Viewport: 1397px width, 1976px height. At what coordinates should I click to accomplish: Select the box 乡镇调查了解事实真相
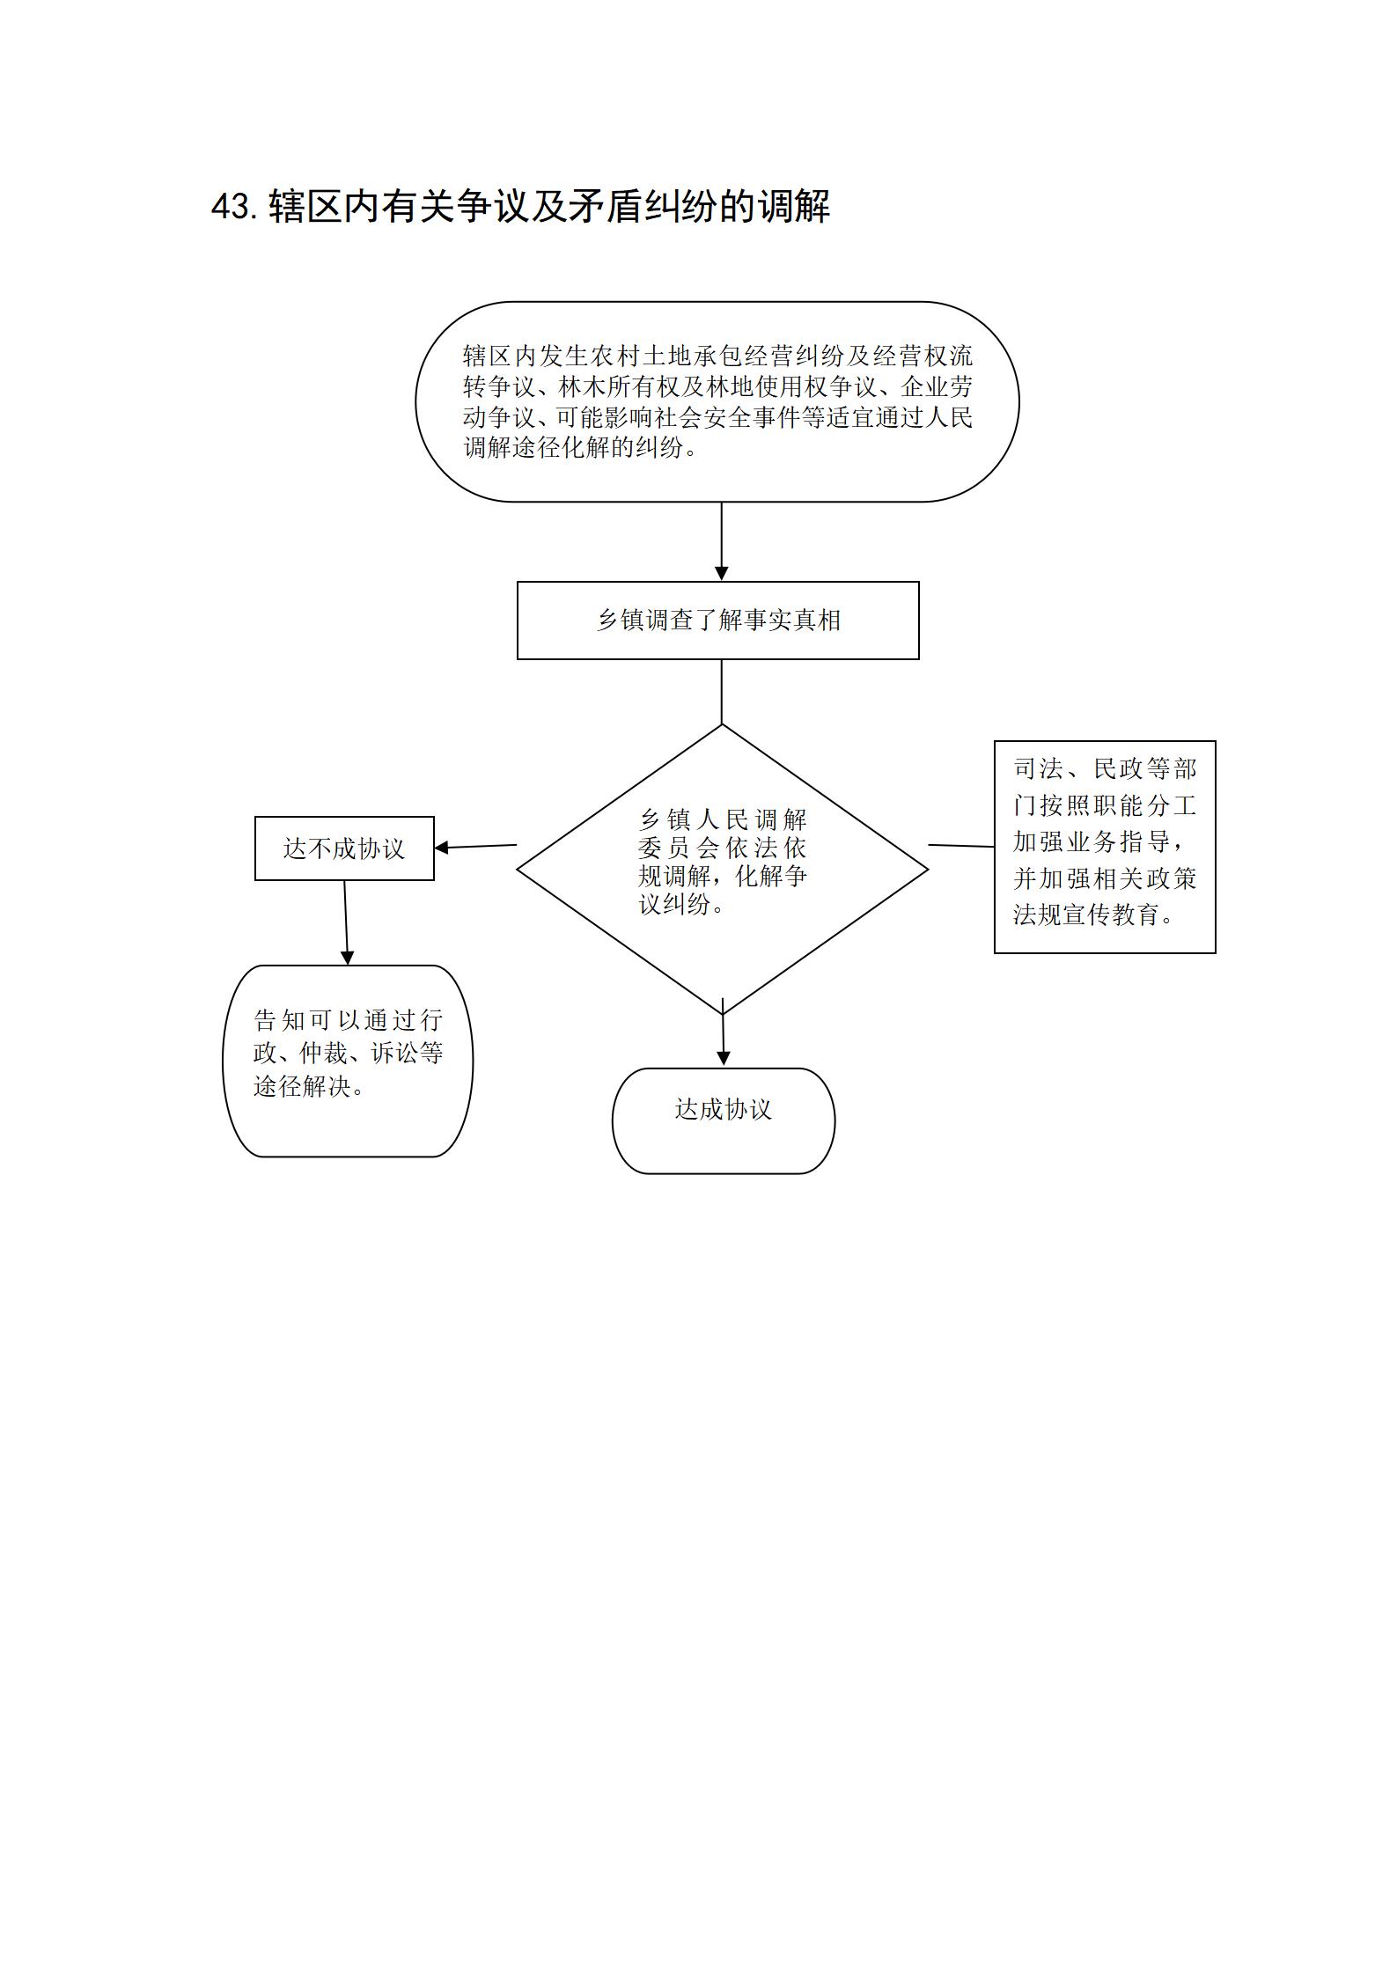click(717, 620)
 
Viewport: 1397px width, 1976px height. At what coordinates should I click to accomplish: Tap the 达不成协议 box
click(344, 848)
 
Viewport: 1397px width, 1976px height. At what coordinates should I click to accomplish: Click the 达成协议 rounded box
click(723, 1120)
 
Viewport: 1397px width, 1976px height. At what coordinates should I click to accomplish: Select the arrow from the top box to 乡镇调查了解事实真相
click(722, 541)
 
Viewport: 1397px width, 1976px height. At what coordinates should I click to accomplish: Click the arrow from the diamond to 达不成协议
click(475, 847)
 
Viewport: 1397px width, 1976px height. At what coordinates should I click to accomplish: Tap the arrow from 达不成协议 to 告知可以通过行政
click(346, 922)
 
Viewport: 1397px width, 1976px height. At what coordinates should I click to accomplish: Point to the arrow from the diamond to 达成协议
click(723, 1032)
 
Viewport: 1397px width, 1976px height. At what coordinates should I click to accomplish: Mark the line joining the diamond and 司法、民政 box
click(961, 846)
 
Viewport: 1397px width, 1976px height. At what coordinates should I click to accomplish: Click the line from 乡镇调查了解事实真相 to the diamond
click(722, 692)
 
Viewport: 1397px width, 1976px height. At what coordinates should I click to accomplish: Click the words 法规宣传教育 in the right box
click(1085, 915)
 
